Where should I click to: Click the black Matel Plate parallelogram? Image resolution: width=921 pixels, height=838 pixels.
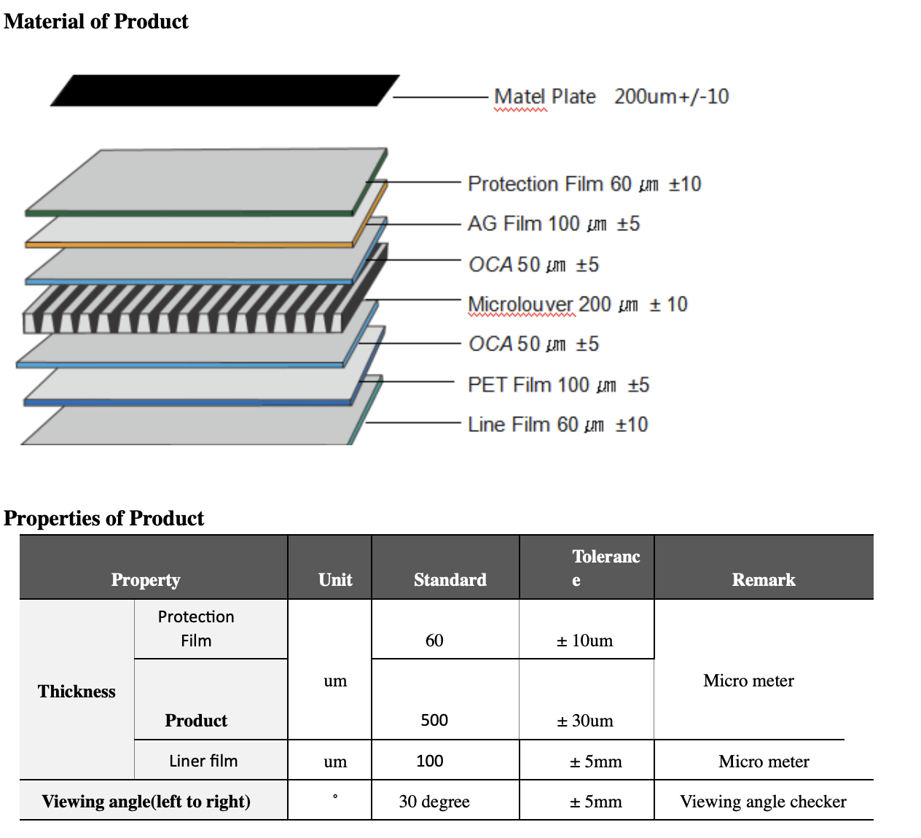click(224, 90)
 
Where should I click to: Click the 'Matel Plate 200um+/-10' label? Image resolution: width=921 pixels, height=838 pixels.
click(611, 97)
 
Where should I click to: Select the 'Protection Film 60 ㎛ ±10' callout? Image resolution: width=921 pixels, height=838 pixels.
click(584, 184)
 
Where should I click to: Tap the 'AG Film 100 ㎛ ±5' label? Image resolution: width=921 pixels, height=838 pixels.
click(553, 224)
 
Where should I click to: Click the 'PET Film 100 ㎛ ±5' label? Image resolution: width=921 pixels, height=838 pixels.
click(558, 385)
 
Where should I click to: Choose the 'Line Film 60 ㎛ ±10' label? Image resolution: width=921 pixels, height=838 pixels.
click(557, 424)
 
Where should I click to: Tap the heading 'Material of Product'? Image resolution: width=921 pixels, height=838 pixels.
click(96, 22)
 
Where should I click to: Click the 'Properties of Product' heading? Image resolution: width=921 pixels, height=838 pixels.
click(104, 518)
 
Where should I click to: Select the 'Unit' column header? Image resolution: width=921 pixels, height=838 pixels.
click(335, 579)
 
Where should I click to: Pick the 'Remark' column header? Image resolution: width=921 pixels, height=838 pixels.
click(764, 579)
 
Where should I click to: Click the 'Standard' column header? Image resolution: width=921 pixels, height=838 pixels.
click(450, 579)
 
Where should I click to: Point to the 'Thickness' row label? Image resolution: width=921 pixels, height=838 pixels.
click(77, 692)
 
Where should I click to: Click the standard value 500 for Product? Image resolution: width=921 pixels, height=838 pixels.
click(434, 720)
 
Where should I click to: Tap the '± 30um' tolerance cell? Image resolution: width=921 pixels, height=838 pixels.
click(585, 721)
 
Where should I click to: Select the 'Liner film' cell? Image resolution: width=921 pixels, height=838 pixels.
click(203, 761)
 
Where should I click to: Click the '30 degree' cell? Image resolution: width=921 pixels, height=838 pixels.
click(434, 802)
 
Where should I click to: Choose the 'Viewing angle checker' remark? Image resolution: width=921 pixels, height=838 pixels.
click(763, 802)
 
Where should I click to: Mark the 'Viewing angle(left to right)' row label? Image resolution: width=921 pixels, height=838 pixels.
click(146, 802)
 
